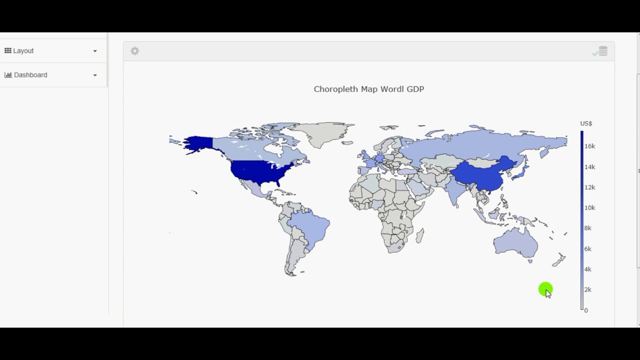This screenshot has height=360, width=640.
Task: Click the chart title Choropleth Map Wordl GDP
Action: (x=368, y=89)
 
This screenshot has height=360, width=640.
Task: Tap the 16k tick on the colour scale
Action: (x=589, y=146)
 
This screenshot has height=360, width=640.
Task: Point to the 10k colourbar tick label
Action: (x=589, y=208)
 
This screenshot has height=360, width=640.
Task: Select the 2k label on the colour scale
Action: (x=588, y=290)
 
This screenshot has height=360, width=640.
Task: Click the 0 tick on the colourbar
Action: (x=586, y=310)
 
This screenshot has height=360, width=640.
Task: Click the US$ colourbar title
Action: (x=586, y=123)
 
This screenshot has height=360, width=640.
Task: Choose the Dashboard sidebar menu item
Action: (x=30, y=75)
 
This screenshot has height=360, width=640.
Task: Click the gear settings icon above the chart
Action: (x=134, y=51)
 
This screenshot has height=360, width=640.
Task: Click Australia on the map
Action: (x=515, y=242)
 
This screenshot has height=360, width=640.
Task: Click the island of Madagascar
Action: (x=419, y=235)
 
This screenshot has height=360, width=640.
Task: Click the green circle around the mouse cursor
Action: (x=545, y=289)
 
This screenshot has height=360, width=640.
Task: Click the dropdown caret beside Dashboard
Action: (x=95, y=75)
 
